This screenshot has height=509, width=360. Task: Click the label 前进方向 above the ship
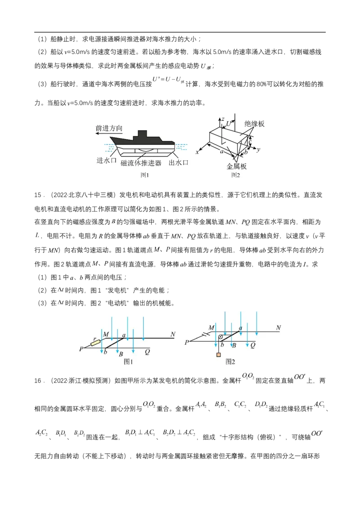[x=109, y=128]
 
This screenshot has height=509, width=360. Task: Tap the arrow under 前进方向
[x=109, y=134]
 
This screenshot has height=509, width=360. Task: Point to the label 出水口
[x=178, y=162]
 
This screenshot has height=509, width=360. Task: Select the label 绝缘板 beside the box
[x=254, y=124]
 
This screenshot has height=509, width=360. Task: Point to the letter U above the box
[x=229, y=123]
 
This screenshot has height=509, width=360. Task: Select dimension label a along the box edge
[x=222, y=152]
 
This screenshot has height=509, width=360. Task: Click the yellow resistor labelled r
[x=95, y=343]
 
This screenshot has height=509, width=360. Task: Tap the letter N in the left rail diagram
[x=172, y=334]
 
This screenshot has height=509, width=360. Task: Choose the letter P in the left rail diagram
[x=81, y=348]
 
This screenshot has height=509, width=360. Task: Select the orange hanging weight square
[x=218, y=355]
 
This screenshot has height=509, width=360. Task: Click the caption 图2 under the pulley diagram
[x=231, y=361]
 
